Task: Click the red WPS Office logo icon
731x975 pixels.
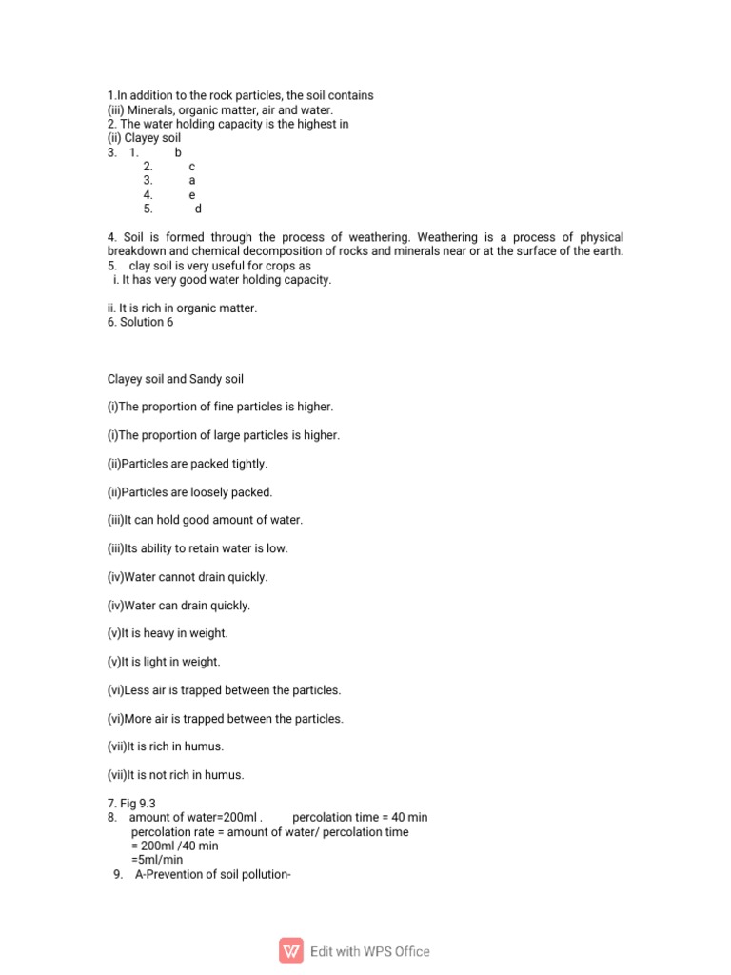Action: tap(291, 950)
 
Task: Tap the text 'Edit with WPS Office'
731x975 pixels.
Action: tap(369, 951)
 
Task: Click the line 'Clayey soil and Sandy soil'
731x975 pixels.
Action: tap(175, 379)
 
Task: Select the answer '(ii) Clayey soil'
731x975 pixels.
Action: tap(144, 138)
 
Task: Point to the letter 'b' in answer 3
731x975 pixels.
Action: tap(178, 152)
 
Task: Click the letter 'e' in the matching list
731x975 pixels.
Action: tap(192, 195)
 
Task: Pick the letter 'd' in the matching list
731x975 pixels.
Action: tap(198, 209)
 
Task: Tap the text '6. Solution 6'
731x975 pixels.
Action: tap(141, 323)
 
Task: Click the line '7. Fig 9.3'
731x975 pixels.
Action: tap(131, 804)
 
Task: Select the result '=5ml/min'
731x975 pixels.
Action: tap(157, 860)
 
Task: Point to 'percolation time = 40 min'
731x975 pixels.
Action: tap(360, 818)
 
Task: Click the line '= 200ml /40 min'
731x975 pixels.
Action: tap(175, 846)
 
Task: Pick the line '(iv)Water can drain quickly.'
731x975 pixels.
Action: tap(178, 606)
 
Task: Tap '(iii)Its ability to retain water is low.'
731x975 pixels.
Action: tap(197, 548)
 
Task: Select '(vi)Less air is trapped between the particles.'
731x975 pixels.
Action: tap(224, 690)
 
